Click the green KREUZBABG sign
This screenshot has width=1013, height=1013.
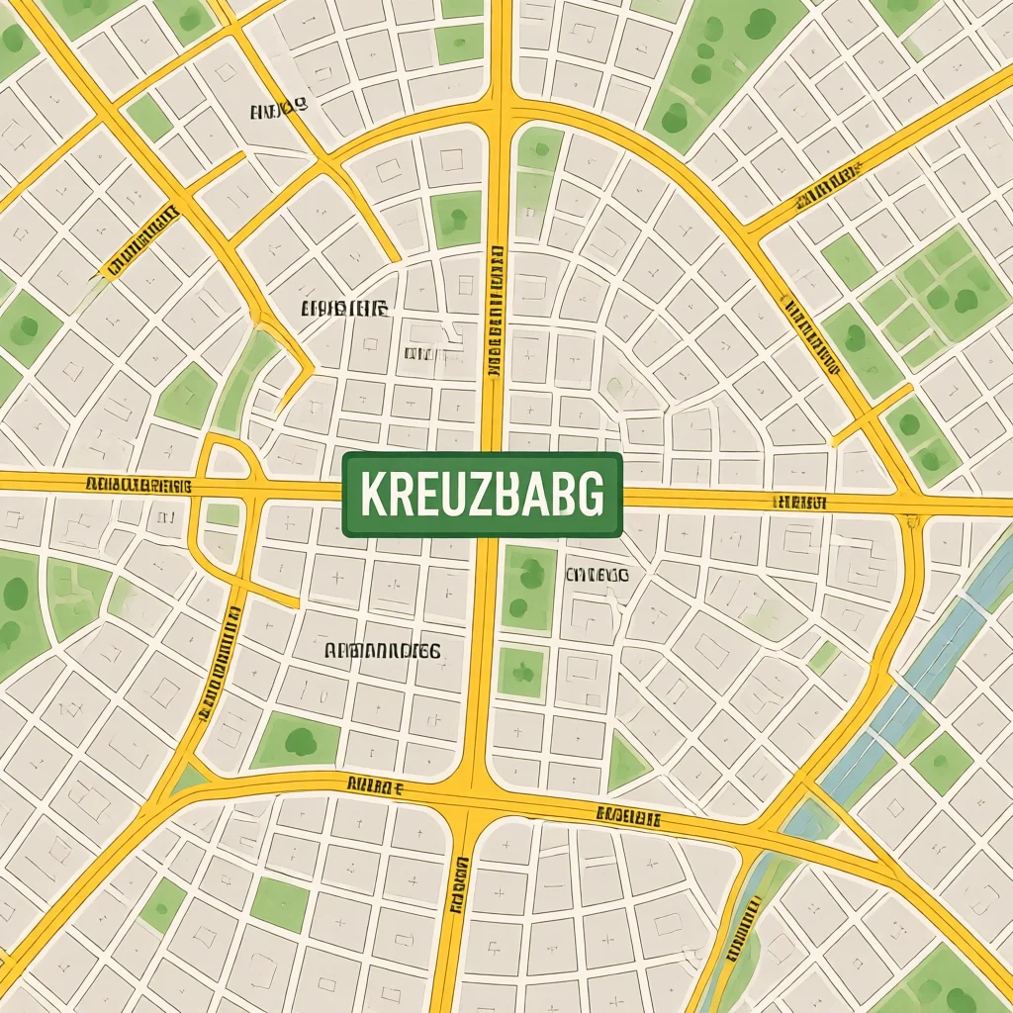(483, 495)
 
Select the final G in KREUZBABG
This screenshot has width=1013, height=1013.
(591, 495)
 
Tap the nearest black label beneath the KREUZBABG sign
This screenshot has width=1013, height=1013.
(598, 574)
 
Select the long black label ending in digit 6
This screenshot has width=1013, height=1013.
(382, 651)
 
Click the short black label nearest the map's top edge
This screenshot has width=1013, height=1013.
(278, 111)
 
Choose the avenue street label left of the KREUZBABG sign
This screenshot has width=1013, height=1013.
(138, 485)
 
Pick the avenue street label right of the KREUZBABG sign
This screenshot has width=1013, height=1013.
(799, 503)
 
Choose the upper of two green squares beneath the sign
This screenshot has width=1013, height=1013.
(529, 589)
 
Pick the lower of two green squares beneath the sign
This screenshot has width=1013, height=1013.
(520, 673)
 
